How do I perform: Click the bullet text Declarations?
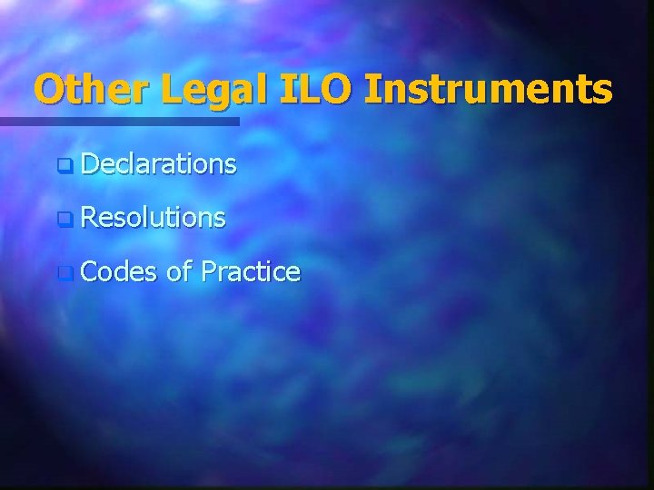point(159,164)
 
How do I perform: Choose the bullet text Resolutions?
point(153,217)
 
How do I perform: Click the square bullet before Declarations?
point(63,166)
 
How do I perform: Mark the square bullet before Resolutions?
point(63,219)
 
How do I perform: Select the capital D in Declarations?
point(89,164)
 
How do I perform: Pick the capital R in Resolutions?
point(88,217)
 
